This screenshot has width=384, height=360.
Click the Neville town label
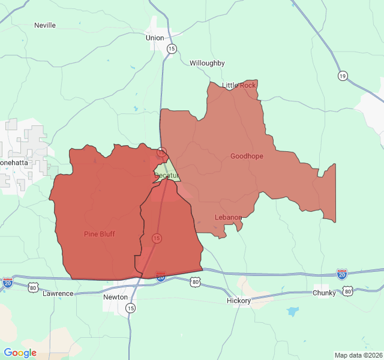(45, 25)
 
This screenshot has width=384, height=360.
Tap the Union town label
(155, 38)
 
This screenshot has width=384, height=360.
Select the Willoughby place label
(207, 63)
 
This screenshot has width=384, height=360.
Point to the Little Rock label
(239, 85)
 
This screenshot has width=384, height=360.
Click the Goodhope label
(247, 156)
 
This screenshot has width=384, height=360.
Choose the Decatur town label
(166, 175)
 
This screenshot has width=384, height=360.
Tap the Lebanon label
(228, 217)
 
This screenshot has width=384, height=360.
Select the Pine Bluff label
(100, 234)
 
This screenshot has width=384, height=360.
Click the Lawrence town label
(58, 293)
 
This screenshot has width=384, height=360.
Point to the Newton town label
(115, 297)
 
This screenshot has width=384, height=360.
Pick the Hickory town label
(238, 300)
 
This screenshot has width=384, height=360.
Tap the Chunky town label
(325, 293)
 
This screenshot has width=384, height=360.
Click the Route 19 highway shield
(342, 76)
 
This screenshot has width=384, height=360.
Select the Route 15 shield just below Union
(172, 49)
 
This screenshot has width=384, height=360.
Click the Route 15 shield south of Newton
(130, 308)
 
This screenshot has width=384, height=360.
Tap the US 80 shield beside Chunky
(348, 292)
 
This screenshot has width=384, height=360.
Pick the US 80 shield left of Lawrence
(33, 289)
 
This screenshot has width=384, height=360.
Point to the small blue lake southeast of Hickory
(292, 311)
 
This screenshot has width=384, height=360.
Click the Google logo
(20, 353)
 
